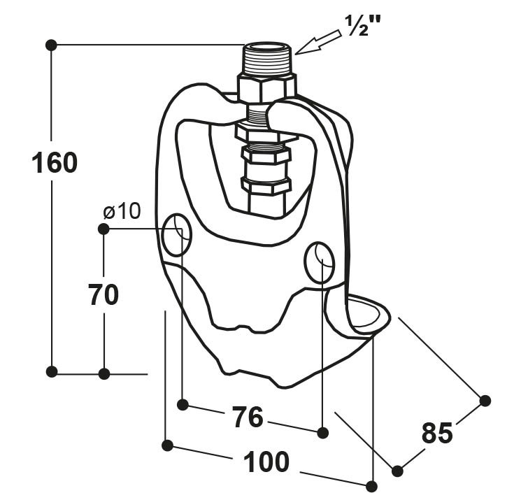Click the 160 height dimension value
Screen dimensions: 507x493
pyautogui.click(x=55, y=163)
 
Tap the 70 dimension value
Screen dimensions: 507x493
pyautogui.click(x=103, y=294)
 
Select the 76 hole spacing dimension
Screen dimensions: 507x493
pyautogui.click(x=248, y=417)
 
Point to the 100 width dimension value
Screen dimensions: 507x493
pyautogui.click(x=266, y=462)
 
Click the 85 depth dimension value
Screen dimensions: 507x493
pyautogui.click(x=437, y=433)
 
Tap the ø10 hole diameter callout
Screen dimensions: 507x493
pyautogui.click(x=122, y=211)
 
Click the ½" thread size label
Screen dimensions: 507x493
pyautogui.click(x=363, y=25)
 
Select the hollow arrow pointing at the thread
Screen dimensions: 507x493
pyautogui.click(x=317, y=42)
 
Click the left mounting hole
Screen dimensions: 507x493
pyautogui.click(x=177, y=235)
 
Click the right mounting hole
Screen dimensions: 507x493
pyautogui.click(x=320, y=262)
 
